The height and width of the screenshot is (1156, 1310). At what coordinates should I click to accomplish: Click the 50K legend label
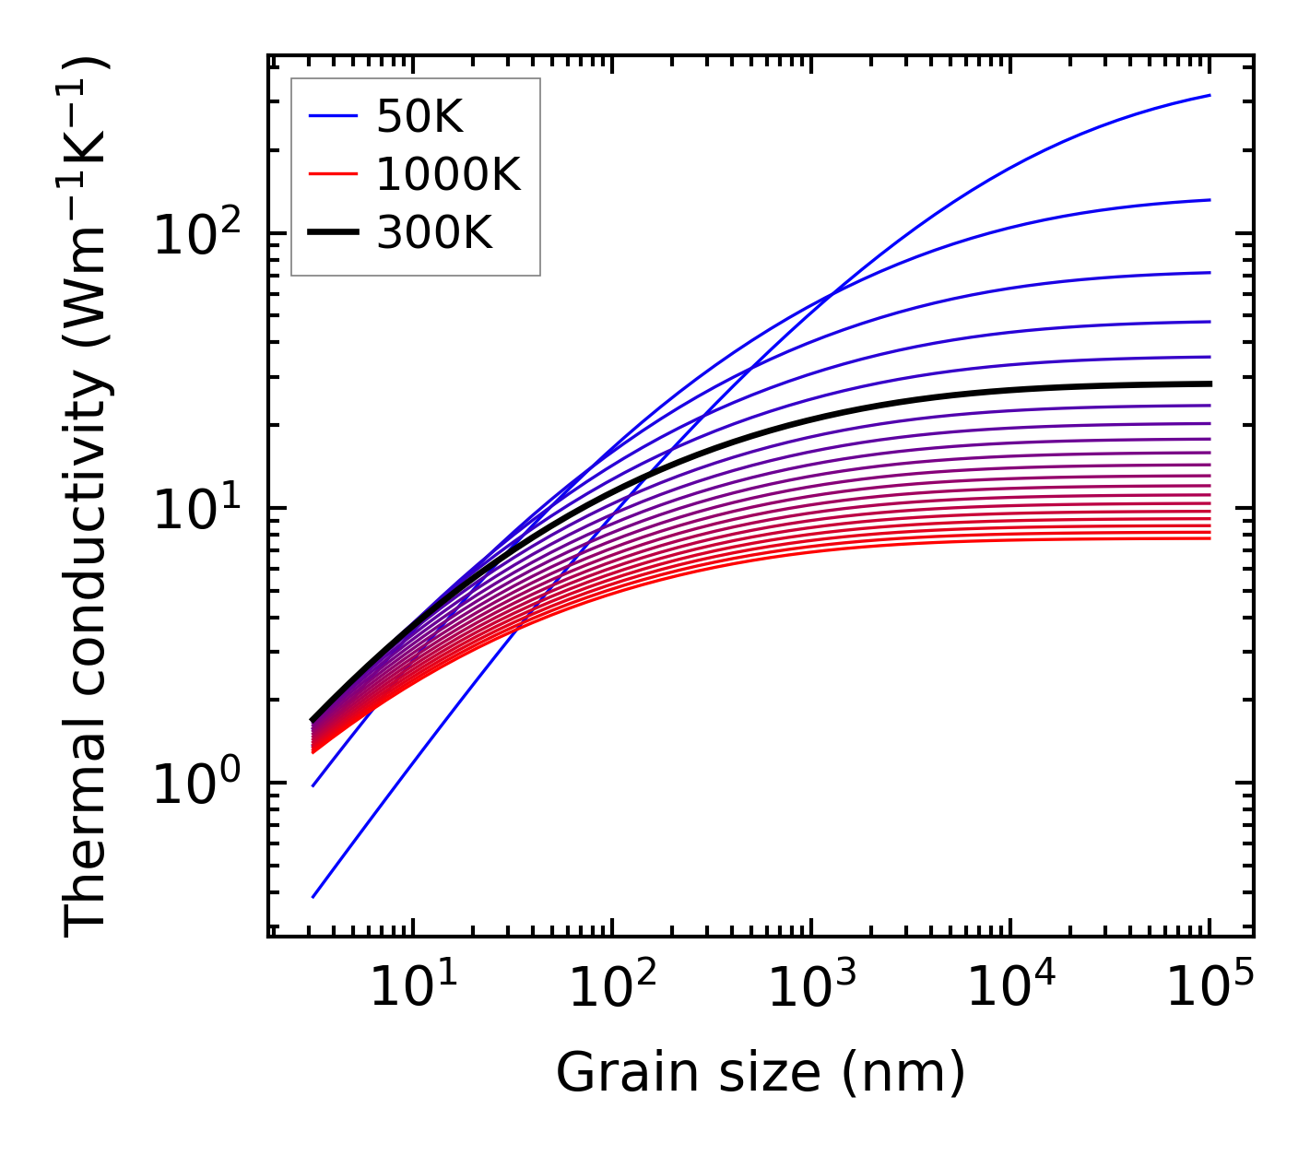tap(419, 117)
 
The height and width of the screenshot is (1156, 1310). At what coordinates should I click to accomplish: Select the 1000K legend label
tap(448, 174)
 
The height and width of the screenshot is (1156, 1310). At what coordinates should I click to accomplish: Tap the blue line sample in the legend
tap(332, 116)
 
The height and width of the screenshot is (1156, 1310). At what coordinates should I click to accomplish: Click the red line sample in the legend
tap(332, 174)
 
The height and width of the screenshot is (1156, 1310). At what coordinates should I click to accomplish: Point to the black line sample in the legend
tap(332, 233)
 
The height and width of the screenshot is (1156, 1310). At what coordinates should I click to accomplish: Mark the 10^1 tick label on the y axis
tap(196, 509)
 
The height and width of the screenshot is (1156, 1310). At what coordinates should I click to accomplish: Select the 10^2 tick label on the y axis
tap(196, 234)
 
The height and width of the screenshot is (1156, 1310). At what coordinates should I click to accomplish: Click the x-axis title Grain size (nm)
tap(761, 1072)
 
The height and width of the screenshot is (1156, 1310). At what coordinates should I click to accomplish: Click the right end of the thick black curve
tap(1210, 383)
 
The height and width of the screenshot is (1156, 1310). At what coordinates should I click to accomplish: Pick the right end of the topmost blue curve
tap(1210, 95)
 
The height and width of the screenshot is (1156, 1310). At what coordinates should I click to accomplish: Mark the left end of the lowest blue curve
tap(313, 897)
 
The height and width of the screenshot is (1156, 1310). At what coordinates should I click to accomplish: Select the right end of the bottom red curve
tap(1210, 537)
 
